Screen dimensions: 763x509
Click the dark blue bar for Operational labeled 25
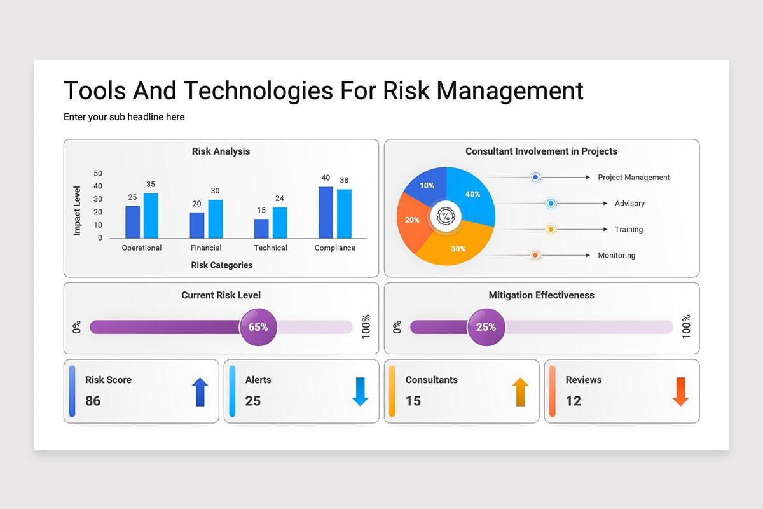click(132, 222)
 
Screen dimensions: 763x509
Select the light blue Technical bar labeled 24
click(280, 223)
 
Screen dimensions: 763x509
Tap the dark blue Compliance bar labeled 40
click(326, 213)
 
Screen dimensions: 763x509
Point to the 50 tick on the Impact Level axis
click(98, 173)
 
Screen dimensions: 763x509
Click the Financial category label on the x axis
click(206, 248)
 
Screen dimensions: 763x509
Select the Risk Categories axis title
click(221, 265)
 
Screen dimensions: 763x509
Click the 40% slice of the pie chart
click(471, 194)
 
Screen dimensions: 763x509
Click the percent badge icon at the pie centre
click(446, 216)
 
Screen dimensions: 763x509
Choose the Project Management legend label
click(633, 178)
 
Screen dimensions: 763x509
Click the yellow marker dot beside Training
click(551, 229)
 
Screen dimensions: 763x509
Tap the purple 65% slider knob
click(258, 327)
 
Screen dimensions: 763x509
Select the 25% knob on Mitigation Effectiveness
click(486, 327)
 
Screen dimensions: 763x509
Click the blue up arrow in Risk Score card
click(200, 392)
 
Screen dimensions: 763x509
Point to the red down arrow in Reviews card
click(680, 392)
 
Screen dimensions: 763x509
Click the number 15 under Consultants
click(413, 401)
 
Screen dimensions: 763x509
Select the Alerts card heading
click(258, 380)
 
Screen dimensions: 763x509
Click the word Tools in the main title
click(95, 91)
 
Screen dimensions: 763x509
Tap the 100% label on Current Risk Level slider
click(366, 327)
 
